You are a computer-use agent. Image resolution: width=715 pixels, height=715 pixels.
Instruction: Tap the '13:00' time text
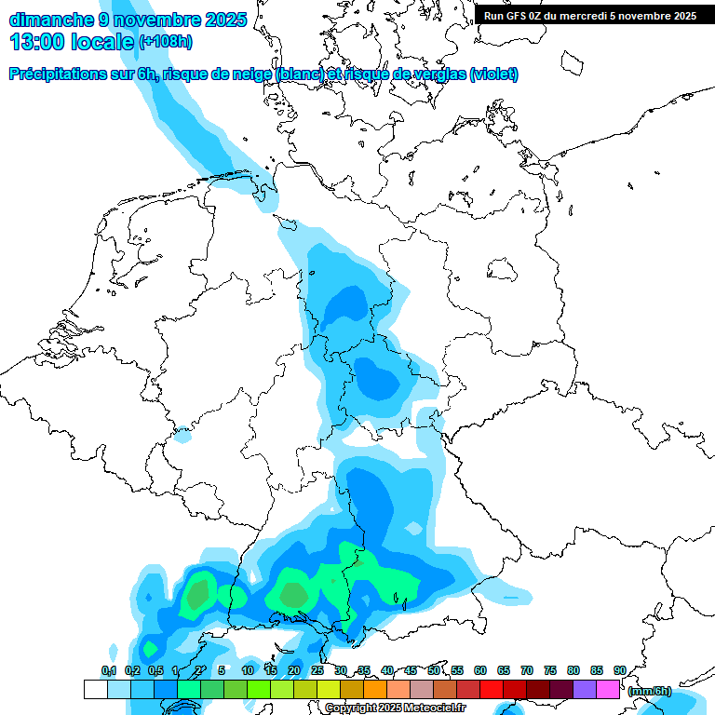37,41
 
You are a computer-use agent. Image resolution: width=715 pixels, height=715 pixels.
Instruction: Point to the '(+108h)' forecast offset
167,42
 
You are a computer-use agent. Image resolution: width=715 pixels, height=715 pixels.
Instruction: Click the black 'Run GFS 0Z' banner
590,16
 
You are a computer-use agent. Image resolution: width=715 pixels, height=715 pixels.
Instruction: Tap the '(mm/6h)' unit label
650,691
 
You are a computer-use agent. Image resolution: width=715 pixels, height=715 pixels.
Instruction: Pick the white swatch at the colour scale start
95,689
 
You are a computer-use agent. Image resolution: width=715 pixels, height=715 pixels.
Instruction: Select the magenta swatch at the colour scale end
608,689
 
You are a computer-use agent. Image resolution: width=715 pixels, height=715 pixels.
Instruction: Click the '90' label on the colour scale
620,670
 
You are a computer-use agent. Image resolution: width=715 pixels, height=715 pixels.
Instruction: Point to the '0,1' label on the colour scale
108,670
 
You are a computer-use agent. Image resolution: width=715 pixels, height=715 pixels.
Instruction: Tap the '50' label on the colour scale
434,670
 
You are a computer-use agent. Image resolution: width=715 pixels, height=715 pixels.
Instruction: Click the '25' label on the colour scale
317,670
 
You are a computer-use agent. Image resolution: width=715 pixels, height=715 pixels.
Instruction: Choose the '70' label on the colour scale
527,670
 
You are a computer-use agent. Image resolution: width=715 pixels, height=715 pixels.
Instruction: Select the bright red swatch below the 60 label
492,689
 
